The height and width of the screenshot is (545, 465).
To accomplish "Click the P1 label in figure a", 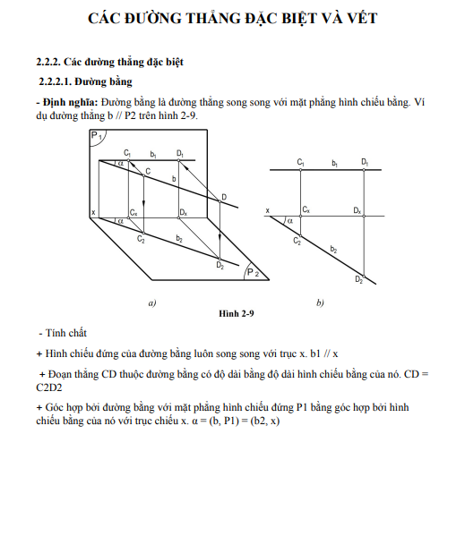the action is (96, 135).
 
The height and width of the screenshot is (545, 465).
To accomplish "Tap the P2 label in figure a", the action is (253, 272).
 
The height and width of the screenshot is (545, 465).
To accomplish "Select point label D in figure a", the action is (224, 197).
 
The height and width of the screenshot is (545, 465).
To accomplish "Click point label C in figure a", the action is (148, 171).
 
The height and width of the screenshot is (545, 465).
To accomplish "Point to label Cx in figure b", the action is (306, 209).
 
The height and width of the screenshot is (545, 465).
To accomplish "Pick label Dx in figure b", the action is (357, 210).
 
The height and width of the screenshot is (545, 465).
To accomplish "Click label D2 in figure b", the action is (359, 279).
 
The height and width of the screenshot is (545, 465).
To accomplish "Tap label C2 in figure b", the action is (297, 241).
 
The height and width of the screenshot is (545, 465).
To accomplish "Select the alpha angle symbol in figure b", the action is (290, 221).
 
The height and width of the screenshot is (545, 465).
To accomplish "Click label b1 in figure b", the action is (334, 163).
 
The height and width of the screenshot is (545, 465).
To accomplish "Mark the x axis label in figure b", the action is (267, 210).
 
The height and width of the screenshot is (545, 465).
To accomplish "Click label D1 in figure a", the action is (180, 153).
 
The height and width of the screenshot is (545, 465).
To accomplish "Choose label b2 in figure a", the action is (179, 238).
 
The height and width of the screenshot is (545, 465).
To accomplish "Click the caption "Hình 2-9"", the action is (237, 313).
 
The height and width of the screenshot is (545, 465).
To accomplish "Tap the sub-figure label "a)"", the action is (152, 303).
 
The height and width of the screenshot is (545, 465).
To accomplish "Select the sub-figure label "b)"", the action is (320, 302).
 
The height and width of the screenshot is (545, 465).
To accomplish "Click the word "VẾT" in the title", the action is (362, 18).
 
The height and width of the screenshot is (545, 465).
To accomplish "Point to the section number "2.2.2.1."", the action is (56, 81).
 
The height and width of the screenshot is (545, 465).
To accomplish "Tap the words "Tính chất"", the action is (66, 333).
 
